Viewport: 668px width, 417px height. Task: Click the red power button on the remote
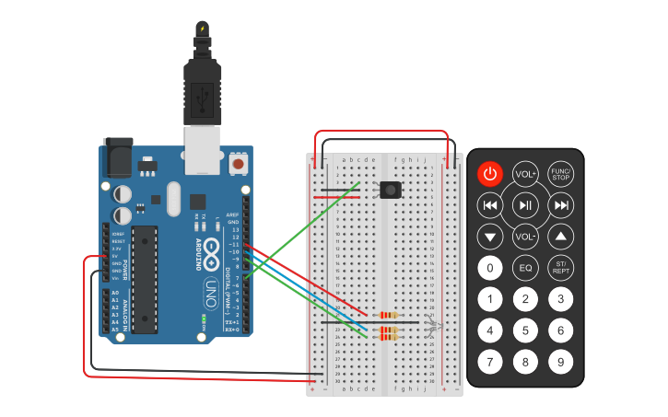(x=490, y=173)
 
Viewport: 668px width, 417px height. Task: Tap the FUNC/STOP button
(x=560, y=173)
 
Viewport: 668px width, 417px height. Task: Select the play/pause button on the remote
(x=525, y=204)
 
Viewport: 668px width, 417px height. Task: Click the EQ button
(x=525, y=268)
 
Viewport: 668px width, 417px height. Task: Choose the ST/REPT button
(x=560, y=268)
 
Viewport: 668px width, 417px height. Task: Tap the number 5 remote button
(x=525, y=330)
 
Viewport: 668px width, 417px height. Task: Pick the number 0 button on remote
(x=490, y=268)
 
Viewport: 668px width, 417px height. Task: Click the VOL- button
(x=525, y=237)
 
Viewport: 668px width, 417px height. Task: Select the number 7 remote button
(x=490, y=362)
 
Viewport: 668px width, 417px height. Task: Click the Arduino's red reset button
(x=239, y=164)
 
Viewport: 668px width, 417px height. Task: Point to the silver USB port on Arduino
(x=203, y=150)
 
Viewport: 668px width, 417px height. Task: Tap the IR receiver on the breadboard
(x=391, y=191)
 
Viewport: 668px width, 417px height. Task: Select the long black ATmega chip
(x=145, y=277)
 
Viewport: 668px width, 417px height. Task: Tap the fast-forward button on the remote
(x=560, y=204)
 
